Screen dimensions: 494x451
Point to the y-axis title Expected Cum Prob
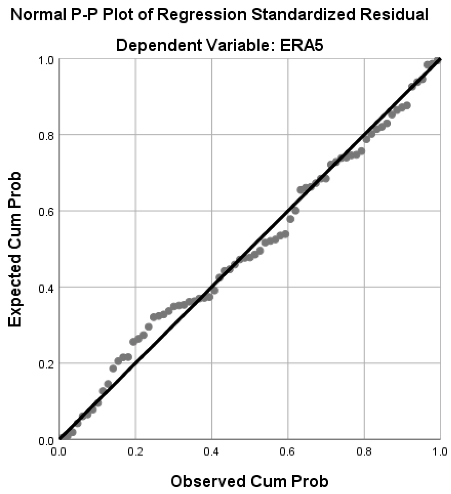(x=15, y=249)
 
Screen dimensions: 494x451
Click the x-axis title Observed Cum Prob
(x=249, y=481)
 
